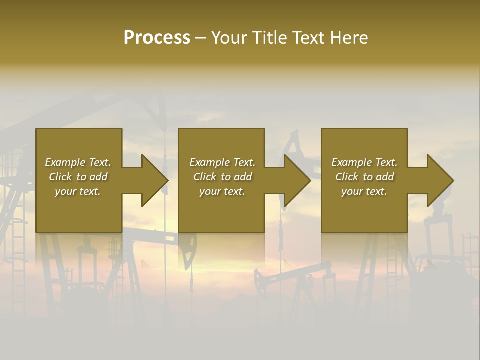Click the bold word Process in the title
(x=157, y=38)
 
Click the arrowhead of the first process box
(x=155, y=180)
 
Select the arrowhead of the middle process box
(x=298, y=180)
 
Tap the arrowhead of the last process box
(x=440, y=180)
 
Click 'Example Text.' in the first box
(x=78, y=162)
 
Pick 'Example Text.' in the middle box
(x=222, y=162)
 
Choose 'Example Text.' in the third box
(x=364, y=162)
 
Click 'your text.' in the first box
(x=78, y=191)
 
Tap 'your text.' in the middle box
(x=222, y=191)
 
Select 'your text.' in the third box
(x=364, y=191)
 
